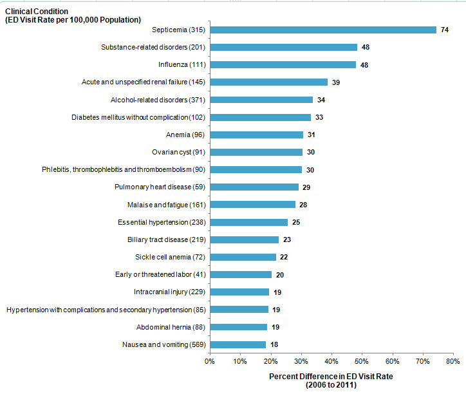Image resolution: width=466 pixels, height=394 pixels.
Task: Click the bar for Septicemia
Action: [323, 30]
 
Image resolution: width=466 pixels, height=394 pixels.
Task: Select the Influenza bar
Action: [283, 64]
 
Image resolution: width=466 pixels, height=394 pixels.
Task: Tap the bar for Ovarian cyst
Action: [256, 152]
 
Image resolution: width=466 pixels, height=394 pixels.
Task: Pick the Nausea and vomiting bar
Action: [238, 344]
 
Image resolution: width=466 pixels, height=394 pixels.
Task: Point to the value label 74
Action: [444, 30]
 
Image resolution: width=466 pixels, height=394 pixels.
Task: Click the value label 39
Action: [336, 82]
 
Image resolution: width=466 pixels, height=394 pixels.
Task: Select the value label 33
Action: [319, 117]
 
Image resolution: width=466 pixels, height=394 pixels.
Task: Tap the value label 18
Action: [274, 344]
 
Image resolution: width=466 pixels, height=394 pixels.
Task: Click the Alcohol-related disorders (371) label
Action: [158, 100]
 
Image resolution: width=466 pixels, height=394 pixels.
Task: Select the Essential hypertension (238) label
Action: [162, 222]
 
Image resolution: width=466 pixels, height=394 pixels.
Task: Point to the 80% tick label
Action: [452, 362]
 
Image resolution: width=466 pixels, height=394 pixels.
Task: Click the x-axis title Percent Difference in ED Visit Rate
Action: [331, 376]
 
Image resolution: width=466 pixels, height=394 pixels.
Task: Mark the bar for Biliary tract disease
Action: [245, 239]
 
